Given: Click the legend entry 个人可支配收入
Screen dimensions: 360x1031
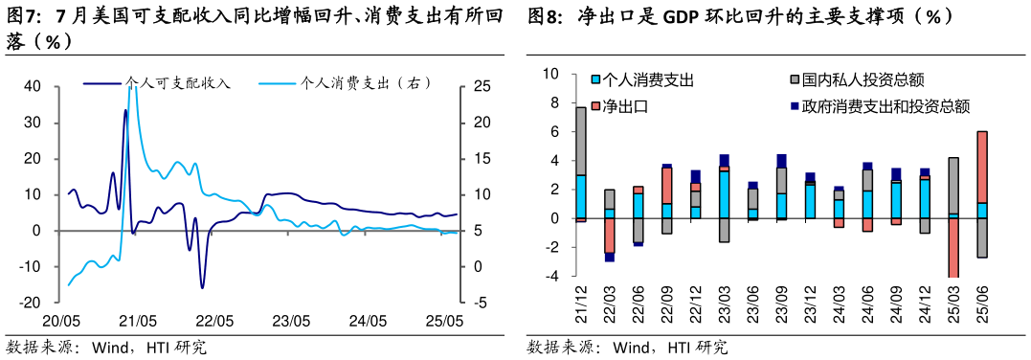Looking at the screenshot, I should (x=178, y=83).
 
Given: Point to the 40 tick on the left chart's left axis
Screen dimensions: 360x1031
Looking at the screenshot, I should (x=32, y=87).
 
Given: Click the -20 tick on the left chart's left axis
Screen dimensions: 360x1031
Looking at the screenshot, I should (x=30, y=303).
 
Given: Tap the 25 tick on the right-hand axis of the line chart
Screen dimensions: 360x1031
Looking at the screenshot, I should (x=482, y=87).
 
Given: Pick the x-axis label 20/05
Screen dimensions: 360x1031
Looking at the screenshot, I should (x=60, y=322).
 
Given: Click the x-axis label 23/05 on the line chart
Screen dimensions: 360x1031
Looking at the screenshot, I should (x=291, y=322).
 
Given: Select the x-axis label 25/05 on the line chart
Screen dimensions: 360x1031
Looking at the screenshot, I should (x=444, y=322).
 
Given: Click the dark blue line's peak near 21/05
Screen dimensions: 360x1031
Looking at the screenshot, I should (x=125, y=111).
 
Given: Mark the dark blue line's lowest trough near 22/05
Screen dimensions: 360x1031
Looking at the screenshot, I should (x=202, y=286).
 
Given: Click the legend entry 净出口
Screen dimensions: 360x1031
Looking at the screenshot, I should (x=628, y=106).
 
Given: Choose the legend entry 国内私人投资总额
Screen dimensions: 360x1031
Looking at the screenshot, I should (x=863, y=80).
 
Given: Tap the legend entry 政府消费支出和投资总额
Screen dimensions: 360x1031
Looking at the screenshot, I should (x=885, y=106).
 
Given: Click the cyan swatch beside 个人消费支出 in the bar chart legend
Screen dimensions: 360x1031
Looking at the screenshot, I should (x=595, y=80).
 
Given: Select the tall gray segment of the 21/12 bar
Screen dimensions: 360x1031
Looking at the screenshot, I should (x=581, y=141).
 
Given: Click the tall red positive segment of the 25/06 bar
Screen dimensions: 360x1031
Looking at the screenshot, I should (x=981, y=167).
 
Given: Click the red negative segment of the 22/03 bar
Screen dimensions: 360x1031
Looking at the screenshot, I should (x=610, y=236).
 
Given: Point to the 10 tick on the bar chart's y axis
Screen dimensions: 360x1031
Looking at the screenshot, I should (x=550, y=74).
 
